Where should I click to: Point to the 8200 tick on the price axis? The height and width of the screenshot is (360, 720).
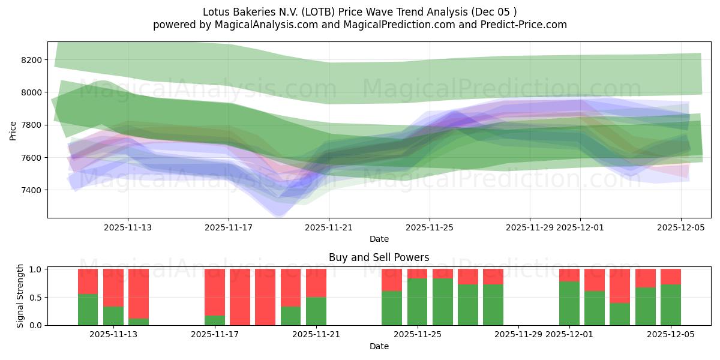[31, 60]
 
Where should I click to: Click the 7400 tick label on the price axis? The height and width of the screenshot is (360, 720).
[31, 190]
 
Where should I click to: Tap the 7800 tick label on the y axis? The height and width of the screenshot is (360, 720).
[31, 125]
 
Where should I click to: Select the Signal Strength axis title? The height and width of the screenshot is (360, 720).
[20, 296]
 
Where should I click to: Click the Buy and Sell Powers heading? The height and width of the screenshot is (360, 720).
[379, 257]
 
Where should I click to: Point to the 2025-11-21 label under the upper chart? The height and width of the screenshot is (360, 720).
[329, 227]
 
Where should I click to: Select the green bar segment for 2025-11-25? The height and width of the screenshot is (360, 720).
[417, 302]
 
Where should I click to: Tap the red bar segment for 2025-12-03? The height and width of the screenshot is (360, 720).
[620, 286]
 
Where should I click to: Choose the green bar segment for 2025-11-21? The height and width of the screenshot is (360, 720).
[316, 311]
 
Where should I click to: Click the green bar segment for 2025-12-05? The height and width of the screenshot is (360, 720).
[671, 305]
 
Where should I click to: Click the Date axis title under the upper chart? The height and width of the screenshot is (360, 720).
[379, 239]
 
